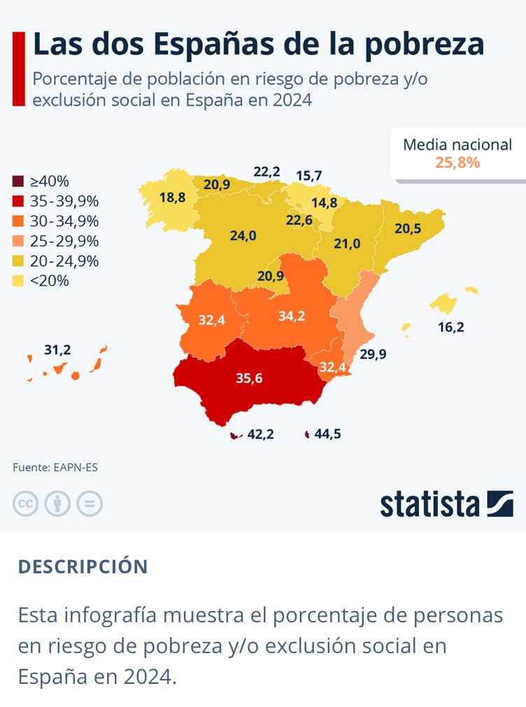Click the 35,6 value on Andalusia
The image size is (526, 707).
coord(249,379)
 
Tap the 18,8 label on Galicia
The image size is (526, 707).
coord(172,197)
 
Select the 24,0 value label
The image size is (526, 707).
coord(243,235)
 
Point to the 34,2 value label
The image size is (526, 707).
coord(291,316)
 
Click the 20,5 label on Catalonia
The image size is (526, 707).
coord(408,228)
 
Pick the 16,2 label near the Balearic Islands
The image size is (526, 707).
coord(450,326)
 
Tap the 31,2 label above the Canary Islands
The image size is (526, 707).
coord(57,349)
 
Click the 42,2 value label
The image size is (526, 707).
coord(260,435)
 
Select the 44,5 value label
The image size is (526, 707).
coord(327,435)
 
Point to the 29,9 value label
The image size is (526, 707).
coord(373,354)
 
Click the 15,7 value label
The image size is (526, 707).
coord(308,175)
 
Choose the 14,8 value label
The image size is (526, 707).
coord(324,203)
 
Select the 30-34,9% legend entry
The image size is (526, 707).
coord(64,222)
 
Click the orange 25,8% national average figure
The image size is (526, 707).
coord(457,163)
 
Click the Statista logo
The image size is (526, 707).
coord(446,504)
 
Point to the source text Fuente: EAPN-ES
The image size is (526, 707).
coord(55,467)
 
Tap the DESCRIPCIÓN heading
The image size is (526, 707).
coord(83,566)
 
